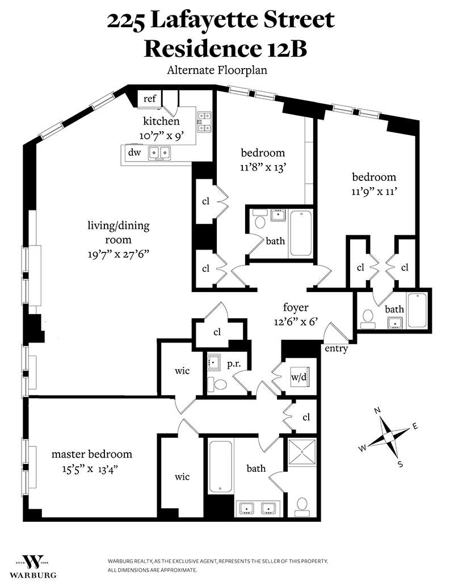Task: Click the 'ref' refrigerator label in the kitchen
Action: tap(150, 99)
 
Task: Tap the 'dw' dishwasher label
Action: tap(134, 153)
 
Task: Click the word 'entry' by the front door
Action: tap(336, 349)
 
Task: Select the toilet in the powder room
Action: tap(217, 385)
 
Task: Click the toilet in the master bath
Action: tap(302, 504)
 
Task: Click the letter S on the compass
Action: tap(400, 464)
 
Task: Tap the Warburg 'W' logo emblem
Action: tap(32, 561)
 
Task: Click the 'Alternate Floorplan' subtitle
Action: tap(217, 71)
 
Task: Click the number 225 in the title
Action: tap(128, 21)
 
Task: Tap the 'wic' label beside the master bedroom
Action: tap(182, 477)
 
